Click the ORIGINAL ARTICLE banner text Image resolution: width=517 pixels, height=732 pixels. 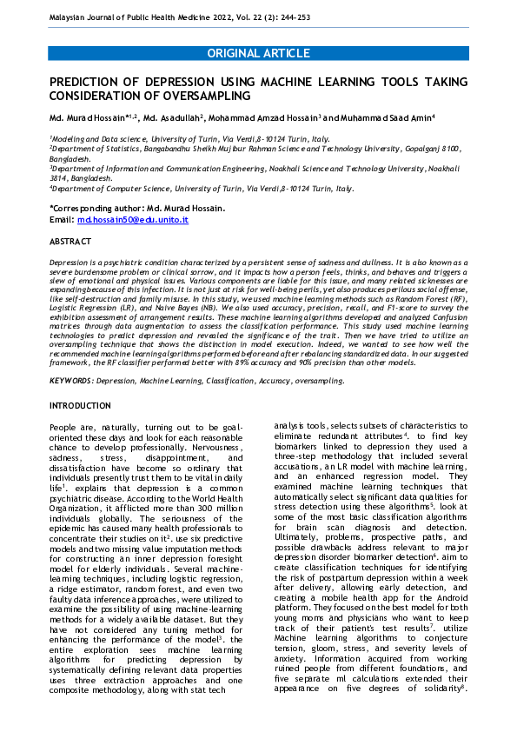coord(258,54)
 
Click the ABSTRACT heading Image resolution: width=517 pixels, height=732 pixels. coord(70,240)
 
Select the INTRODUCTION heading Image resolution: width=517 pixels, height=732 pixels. coord(80,406)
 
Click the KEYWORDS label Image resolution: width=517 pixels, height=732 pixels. coord(72,380)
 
